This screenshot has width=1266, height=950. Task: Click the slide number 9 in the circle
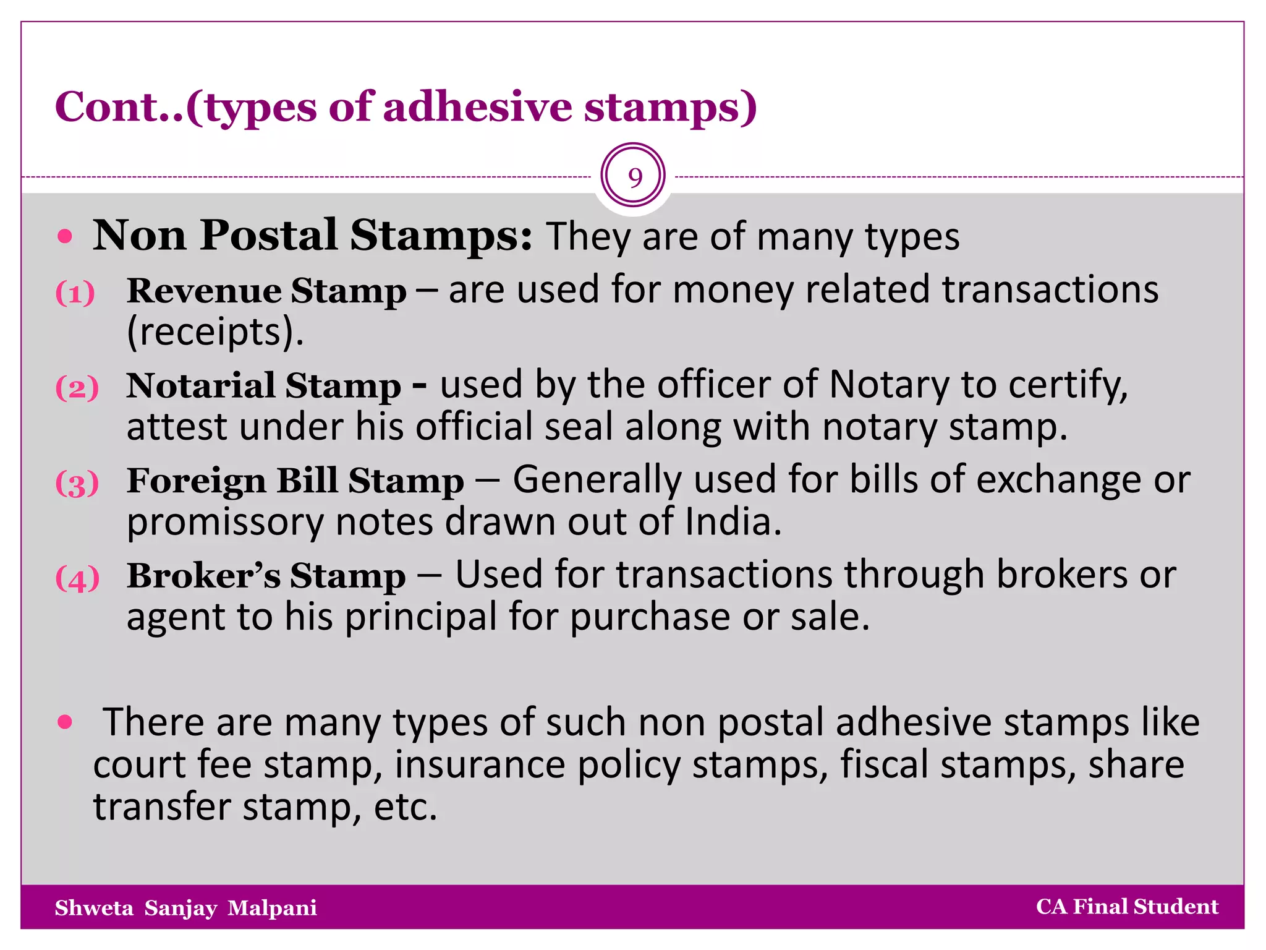click(634, 178)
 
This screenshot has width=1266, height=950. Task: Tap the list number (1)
click(75, 293)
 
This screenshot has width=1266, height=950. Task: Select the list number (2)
click(77, 388)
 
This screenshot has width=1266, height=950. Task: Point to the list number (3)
click(77, 484)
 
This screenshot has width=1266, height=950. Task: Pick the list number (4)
click(77, 579)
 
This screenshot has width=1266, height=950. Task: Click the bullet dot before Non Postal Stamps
click(65, 236)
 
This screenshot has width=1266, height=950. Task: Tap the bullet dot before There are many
click(65, 722)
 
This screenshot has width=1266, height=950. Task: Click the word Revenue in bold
click(205, 290)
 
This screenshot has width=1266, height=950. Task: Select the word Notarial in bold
click(200, 385)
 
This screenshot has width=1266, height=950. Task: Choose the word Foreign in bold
click(196, 481)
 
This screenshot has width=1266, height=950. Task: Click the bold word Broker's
click(203, 576)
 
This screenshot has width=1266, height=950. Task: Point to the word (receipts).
click(215, 332)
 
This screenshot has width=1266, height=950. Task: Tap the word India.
click(733, 522)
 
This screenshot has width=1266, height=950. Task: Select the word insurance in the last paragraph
click(480, 764)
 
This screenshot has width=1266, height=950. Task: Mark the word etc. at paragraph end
click(406, 807)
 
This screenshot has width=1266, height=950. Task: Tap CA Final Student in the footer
click(1127, 907)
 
